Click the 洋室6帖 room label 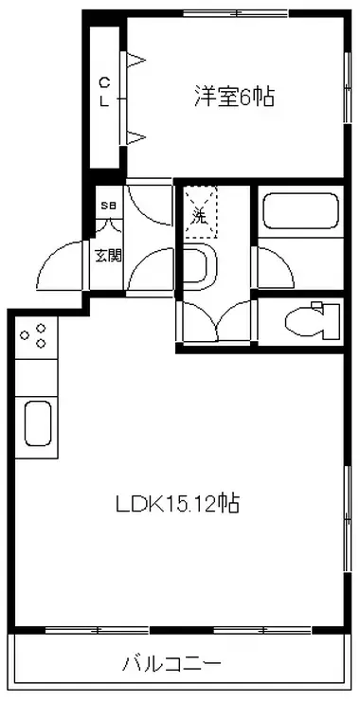[x=234, y=97]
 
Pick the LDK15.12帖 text [x=178, y=504]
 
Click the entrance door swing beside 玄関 [x=64, y=267]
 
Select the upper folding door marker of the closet [x=136, y=64]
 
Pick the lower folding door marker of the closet [x=136, y=138]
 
